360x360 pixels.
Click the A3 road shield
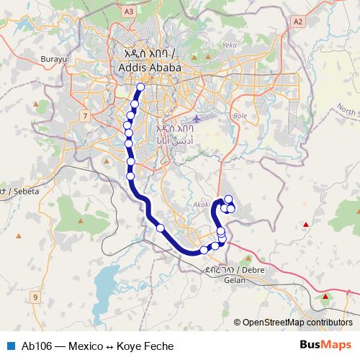pyautogui.click(x=129, y=12)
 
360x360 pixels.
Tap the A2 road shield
pyautogui.click(x=297, y=22)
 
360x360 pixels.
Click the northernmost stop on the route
pyautogui.click(x=140, y=88)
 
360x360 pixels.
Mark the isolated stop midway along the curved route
pyautogui.click(x=160, y=228)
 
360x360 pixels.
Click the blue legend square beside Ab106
pyautogui.click(x=10, y=345)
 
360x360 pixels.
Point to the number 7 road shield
pyautogui.click(x=85, y=116)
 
